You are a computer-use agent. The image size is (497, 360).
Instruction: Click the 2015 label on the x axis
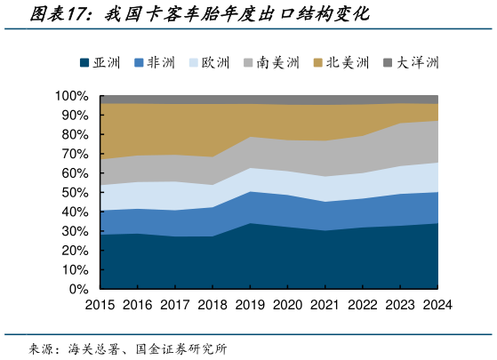(x=100, y=304)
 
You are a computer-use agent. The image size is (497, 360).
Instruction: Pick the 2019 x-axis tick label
(x=250, y=304)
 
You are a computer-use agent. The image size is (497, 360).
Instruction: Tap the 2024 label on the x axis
(x=437, y=304)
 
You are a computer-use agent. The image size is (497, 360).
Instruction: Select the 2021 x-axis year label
(x=325, y=304)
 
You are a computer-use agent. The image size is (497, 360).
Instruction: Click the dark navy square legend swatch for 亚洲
(x=84, y=62)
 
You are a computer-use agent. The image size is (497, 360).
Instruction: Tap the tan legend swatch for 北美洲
(x=318, y=62)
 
